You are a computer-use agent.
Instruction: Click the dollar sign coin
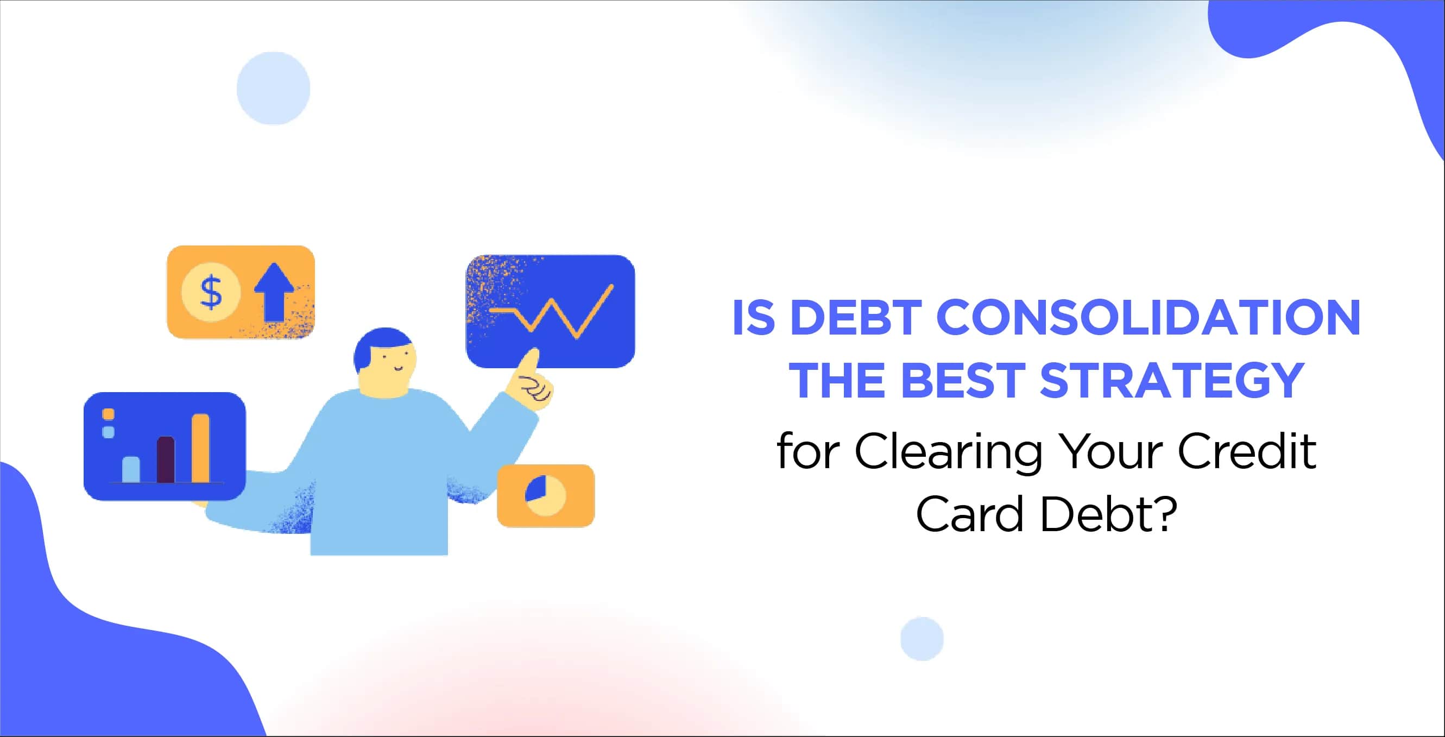tap(211, 292)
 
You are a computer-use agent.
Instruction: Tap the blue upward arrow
tap(274, 292)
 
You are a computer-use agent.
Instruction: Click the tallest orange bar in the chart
tap(200, 448)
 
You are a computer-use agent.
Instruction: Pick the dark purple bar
tap(166, 459)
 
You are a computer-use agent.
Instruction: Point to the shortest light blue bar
tap(131, 469)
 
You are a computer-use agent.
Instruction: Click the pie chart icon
tap(546, 496)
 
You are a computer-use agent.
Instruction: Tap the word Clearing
tap(949, 452)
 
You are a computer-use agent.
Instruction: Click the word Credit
tap(1246, 451)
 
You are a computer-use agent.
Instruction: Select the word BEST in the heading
tap(963, 380)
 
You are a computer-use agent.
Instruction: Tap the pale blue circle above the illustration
tap(273, 88)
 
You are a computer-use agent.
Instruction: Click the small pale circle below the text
tap(922, 639)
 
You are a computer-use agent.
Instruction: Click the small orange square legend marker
tap(108, 414)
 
